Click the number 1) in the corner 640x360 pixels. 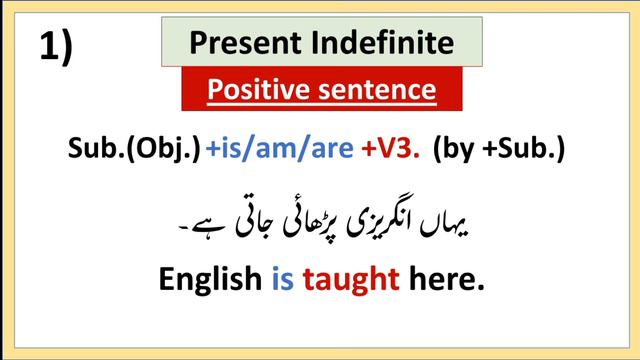(56, 47)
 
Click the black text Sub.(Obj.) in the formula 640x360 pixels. (134, 150)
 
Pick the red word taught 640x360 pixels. (347, 280)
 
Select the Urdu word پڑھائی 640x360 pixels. (312, 216)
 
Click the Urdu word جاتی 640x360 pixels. (253, 216)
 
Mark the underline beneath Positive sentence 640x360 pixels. (322, 104)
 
